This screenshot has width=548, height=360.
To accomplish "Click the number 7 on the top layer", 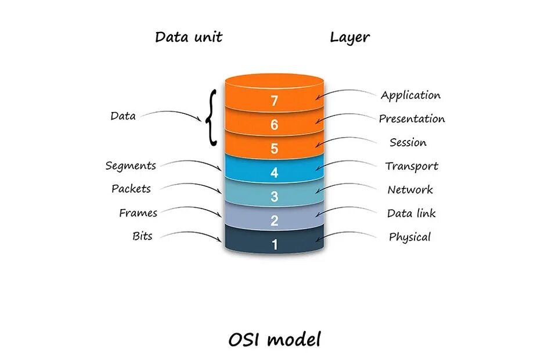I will [x=275, y=101].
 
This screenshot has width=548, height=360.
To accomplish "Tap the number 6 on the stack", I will [x=275, y=125].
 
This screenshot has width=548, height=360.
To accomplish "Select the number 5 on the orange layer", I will [x=275, y=149].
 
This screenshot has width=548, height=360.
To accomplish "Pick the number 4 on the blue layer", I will [x=275, y=173].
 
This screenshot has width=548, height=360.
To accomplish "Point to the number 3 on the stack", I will [x=275, y=197].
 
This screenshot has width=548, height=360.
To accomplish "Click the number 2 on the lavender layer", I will [x=275, y=221].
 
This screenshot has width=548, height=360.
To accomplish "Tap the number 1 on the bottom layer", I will [x=275, y=244].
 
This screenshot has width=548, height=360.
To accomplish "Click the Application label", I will [x=410, y=95].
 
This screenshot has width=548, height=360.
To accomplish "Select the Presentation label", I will [x=412, y=119].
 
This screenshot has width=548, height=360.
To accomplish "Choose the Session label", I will [x=408, y=142].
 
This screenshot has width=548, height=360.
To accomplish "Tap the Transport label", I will [x=412, y=166].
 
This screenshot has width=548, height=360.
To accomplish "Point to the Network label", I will [x=410, y=190].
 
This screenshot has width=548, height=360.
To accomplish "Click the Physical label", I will [x=410, y=237].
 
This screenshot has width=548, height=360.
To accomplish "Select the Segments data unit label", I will [x=131, y=166].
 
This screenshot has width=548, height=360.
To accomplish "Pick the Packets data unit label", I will [x=131, y=189].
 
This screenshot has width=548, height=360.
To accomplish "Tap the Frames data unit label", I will [x=138, y=213].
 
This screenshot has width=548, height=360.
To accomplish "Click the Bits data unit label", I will [x=142, y=236].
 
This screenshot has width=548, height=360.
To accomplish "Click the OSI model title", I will [x=274, y=340].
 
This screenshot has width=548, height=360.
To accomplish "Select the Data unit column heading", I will [x=189, y=38].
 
